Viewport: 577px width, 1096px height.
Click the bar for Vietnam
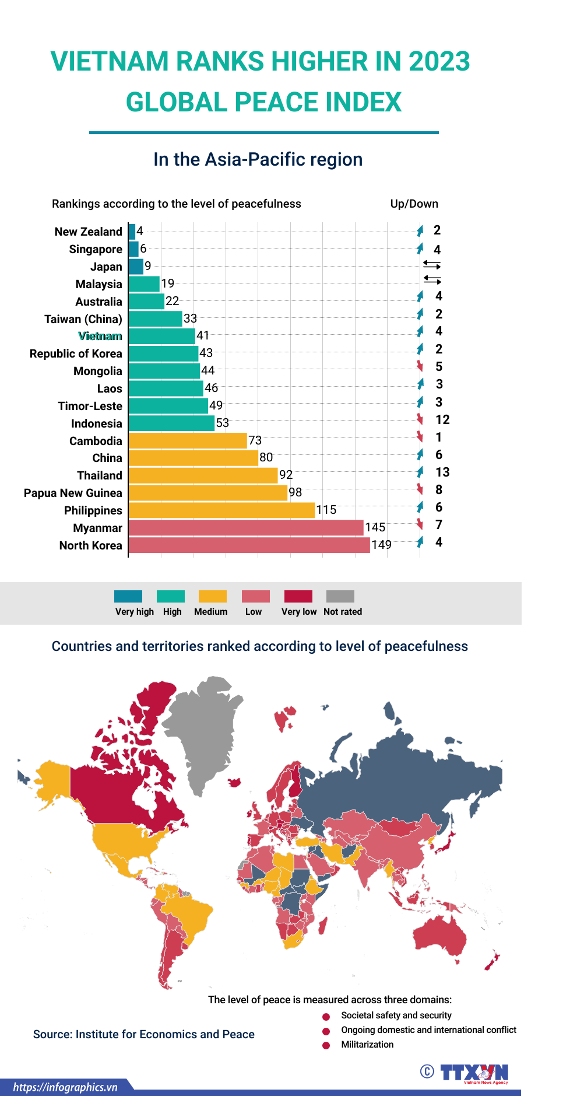coord(162,336)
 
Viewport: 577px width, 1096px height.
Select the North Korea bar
coord(249,545)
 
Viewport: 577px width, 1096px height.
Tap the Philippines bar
coord(221,510)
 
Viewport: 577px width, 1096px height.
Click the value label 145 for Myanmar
coord(375,527)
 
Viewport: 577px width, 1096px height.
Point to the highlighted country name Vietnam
coord(100,336)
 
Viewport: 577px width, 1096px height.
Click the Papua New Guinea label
coord(73,493)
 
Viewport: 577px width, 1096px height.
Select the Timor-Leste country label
coord(90,406)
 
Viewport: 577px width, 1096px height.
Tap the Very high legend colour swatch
coord(128,596)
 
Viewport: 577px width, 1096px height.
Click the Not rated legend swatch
coord(340,596)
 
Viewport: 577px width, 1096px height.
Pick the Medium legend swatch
coord(213,596)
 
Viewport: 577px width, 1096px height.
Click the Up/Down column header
coord(414,204)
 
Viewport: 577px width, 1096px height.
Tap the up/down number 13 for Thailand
coord(442,472)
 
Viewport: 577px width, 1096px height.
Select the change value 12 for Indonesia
coord(442,419)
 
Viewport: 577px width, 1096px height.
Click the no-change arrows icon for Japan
coord(432,265)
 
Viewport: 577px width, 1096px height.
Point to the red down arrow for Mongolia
coord(420,366)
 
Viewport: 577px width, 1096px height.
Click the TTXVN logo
coord(474,1073)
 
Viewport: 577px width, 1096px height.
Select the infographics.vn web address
coord(65,1087)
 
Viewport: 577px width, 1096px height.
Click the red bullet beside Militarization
coord(326,1045)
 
